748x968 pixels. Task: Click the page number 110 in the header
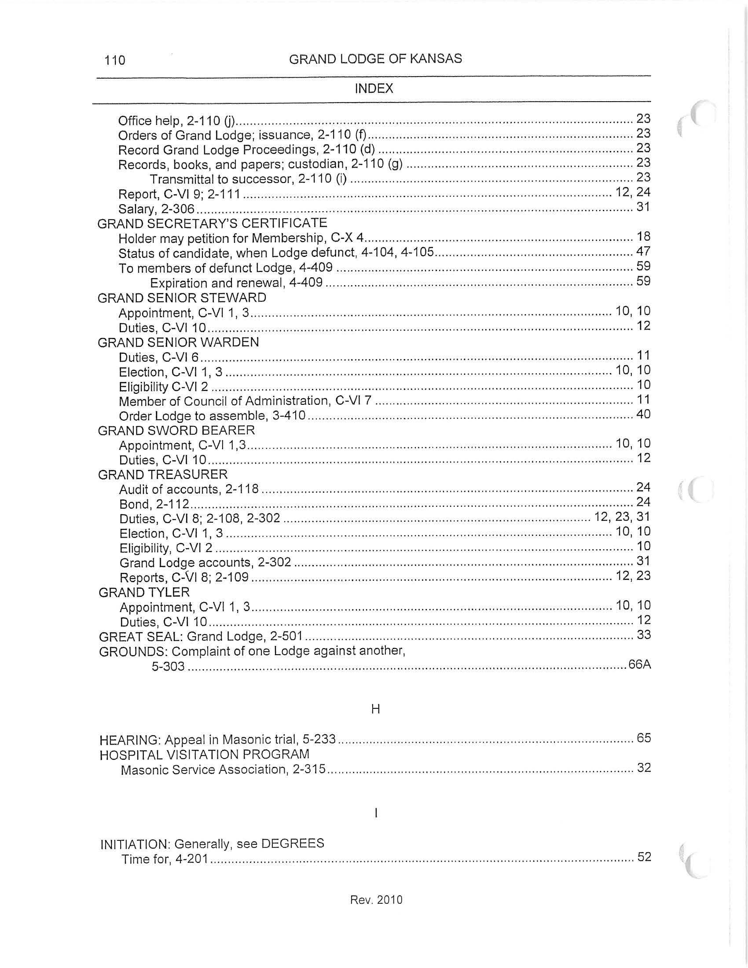pyautogui.click(x=115, y=60)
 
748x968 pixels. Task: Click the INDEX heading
pyautogui.click(x=374, y=88)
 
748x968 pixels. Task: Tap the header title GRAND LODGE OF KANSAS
pyautogui.click(x=375, y=59)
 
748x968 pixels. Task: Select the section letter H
pyautogui.click(x=375, y=709)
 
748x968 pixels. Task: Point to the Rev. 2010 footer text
pyautogui.click(x=376, y=899)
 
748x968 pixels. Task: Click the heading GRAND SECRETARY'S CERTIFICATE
pyautogui.click(x=212, y=223)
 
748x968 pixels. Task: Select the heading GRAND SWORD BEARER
pyautogui.click(x=176, y=430)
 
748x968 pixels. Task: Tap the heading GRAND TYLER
pyautogui.click(x=144, y=592)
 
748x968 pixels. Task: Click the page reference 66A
pyautogui.click(x=639, y=665)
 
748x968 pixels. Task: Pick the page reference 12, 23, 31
pyautogui.click(x=622, y=517)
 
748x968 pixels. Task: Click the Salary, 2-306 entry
pyautogui.click(x=156, y=208)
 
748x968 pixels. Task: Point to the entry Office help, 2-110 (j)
pyautogui.click(x=176, y=121)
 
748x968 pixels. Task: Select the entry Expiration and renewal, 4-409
pyautogui.click(x=236, y=282)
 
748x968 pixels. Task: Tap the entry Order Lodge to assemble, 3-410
pyautogui.click(x=212, y=416)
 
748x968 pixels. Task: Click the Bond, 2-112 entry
pyautogui.click(x=154, y=504)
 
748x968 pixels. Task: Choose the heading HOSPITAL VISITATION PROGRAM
pyautogui.click(x=204, y=754)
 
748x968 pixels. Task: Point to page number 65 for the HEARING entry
pyautogui.click(x=643, y=738)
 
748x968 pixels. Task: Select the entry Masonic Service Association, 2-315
pyautogui.click(x=223, y=770)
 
